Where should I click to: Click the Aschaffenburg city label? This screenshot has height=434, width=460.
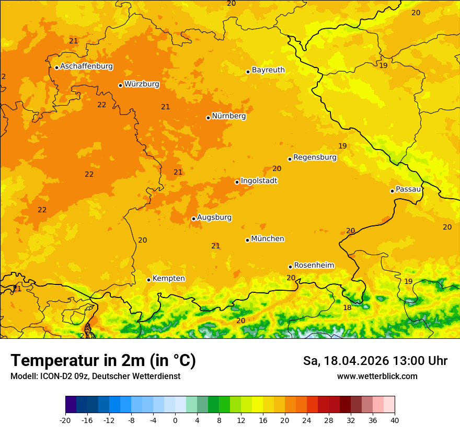(x=86, y=66)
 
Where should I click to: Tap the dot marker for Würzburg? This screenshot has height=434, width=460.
(x=120, y=85)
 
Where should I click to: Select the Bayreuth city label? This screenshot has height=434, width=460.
(x=268, y=70)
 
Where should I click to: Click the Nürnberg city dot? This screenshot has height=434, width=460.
(x=208, y=118)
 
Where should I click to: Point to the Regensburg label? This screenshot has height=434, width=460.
(x=315, y=157)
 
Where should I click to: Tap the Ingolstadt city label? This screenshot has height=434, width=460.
(x=259, y=180)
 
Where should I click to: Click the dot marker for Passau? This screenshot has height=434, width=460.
(x=392, y=191)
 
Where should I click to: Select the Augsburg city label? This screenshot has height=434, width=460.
(x=214, y=217)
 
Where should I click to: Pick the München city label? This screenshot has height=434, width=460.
(x=268, y=238)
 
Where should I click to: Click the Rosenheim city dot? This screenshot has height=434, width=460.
(x=290, y=267)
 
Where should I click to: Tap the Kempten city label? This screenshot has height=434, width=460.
(x=168, y=278)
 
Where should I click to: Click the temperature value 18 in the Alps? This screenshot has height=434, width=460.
(x=347, y=308)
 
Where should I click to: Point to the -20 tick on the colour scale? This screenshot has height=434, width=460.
(x=65, y=420)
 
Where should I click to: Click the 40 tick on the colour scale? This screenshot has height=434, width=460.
(x=395, y=420)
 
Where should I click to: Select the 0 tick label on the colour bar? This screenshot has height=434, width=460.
(x=175, y=420)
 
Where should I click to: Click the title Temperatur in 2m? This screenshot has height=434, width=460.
(x=103, y=360)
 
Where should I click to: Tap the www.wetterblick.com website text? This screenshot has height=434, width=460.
(x=377, y=376)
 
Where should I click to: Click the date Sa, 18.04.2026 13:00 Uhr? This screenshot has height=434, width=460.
(x=375, y=361)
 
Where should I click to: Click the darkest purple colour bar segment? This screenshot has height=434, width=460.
(x=71, y=405)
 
